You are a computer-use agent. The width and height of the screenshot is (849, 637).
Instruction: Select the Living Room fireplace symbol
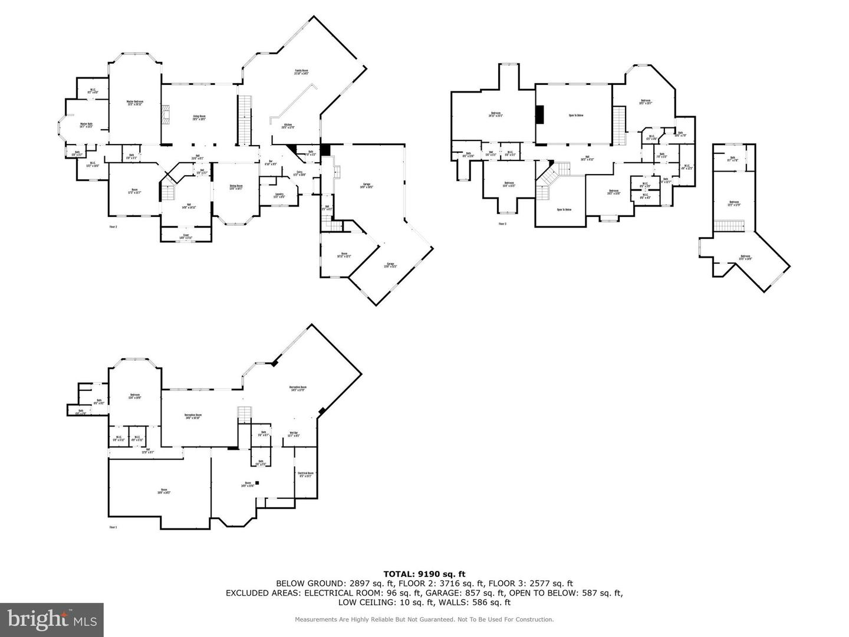click(x=167, y=116)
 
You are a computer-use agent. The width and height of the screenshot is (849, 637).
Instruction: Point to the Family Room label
click(x=301, y=72)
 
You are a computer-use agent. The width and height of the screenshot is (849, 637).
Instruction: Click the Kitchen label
click(x=288, y=126)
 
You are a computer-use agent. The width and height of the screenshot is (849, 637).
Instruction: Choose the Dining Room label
click(x=236, y=188)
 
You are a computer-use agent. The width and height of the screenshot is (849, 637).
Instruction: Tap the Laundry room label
click(x=279, y=195)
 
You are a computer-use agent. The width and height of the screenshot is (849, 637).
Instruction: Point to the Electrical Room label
click(x=305, y=474)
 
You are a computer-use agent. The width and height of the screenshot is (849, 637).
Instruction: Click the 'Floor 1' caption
click(x=113, y=527)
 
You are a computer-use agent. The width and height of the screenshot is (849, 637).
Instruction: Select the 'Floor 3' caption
click(x=502, y=224)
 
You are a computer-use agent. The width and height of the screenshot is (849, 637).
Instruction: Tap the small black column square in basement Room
click(x=257, y=482)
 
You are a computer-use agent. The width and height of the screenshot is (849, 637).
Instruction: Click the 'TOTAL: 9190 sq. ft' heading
click(x=424, y=573)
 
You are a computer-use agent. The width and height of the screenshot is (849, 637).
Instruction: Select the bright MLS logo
click(x=52, y=619)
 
